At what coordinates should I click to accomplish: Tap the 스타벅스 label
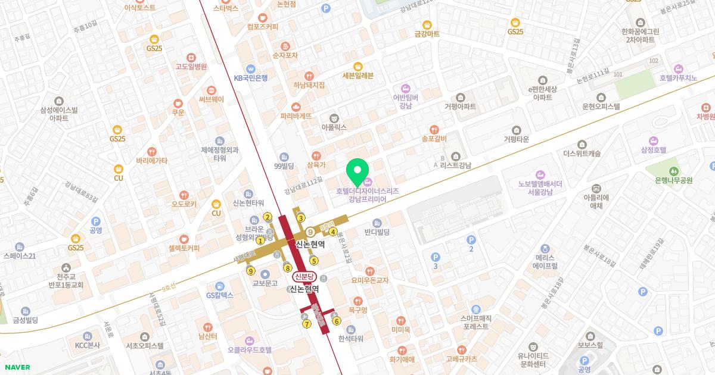[x=225, y=8]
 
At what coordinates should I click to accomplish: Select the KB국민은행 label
[x=250, y=77]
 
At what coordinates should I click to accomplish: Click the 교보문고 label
[x=265, y=283]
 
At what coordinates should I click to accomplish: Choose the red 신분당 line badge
[x=303, y=277]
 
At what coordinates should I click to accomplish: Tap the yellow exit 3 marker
[x=301, y=218]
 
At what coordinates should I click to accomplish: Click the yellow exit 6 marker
[x=337, y=321]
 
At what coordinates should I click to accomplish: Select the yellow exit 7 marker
[x=307, y=324]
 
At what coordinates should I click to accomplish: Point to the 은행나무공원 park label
[x=673, y=180]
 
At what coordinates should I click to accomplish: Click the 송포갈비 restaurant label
[x=434, y=138]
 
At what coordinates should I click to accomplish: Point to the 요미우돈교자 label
[x=369, y=280]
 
